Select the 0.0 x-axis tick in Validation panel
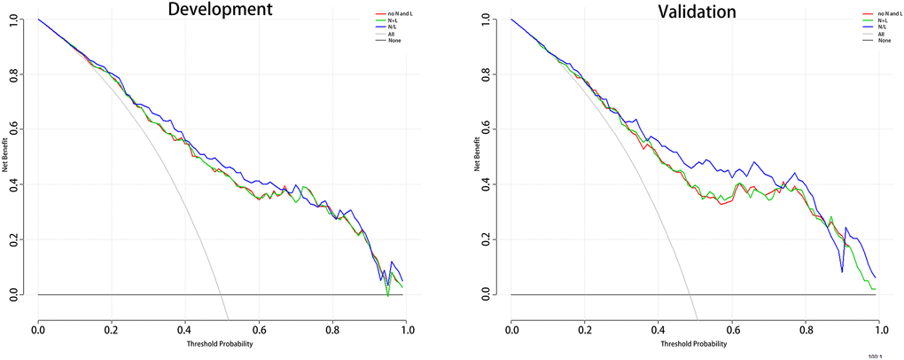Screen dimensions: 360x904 [x=511, y=329]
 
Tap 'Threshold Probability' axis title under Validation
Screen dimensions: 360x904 [x=693, y=344]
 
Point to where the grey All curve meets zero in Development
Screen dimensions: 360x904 [x=228, y=294]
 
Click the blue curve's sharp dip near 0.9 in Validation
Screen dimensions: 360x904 [x=842, y=271]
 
